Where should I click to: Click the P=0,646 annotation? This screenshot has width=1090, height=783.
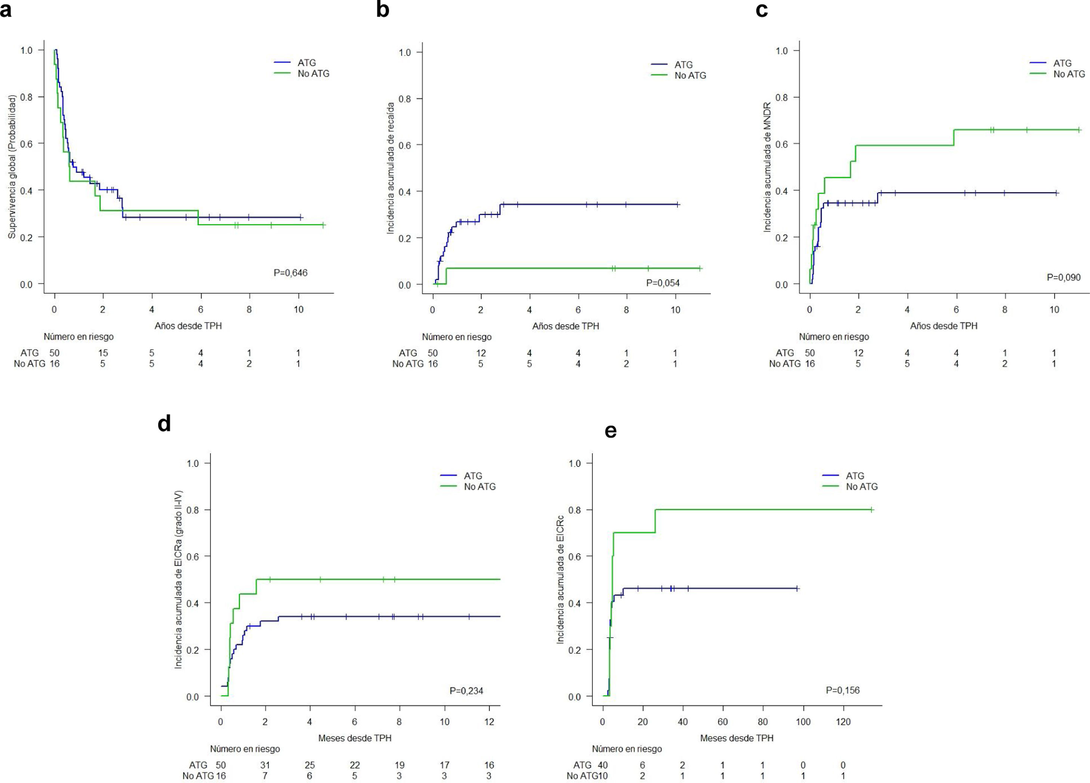tap(290, 273)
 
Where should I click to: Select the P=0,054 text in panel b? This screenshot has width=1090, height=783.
tap(663, 283)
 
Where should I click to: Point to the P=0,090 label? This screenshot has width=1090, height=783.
tap(1063, 277)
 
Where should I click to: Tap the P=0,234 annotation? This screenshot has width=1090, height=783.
tap(466, 691)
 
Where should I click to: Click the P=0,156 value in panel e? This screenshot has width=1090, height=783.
tap(843, 690)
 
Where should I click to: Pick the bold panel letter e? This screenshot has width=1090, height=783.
tap(610, 431)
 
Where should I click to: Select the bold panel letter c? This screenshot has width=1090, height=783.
tap(762, 10)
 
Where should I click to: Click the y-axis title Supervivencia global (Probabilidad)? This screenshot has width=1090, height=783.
tap(12, 166)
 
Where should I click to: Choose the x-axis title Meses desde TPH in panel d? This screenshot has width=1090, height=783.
tap(355, 738)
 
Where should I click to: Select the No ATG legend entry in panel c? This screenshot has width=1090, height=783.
tap(1069, 74)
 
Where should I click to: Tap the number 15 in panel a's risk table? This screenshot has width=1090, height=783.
tap(103, 353)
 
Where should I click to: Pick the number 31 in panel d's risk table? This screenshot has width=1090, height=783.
tap(265, 765)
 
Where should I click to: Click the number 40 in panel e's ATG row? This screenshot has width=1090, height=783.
tap(603, 765)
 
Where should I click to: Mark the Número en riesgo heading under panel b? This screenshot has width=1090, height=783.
tap(457, 337)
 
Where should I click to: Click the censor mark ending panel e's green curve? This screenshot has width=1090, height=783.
tap(871, 510)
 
